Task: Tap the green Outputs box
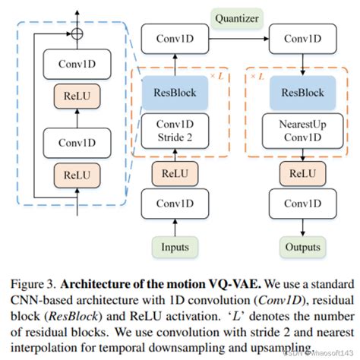pos(302,247)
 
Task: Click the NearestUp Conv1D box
pos(302,131)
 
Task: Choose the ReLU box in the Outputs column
pos(302,173)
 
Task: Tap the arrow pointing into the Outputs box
pos(302,229)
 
